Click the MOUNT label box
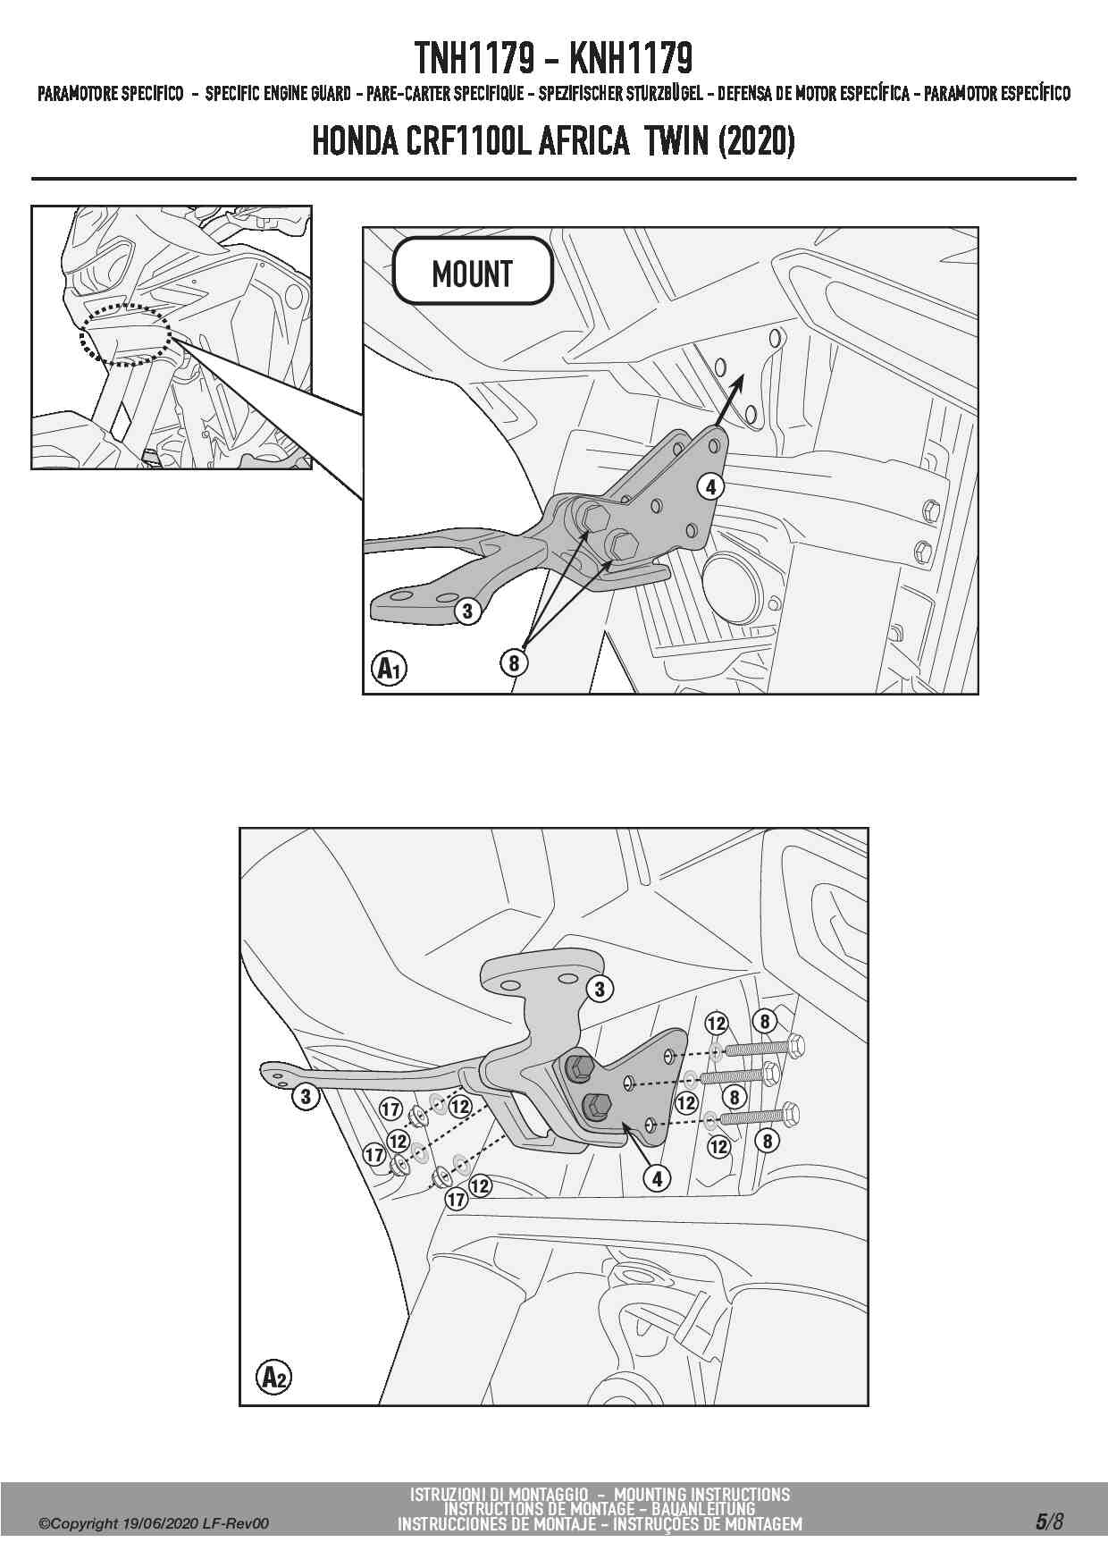472,271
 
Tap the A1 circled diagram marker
389,668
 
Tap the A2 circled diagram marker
273,1377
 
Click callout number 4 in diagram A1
710,486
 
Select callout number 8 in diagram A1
513,662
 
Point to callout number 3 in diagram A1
466,611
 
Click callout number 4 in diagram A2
657,1178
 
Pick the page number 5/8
1049,1521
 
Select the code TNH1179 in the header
474,59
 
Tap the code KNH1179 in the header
630,59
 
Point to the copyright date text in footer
153,1523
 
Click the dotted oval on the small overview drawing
126,335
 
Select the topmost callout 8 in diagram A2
764,1021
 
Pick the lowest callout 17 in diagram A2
457,1199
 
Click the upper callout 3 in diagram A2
600,989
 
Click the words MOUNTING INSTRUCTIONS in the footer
702,1494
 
